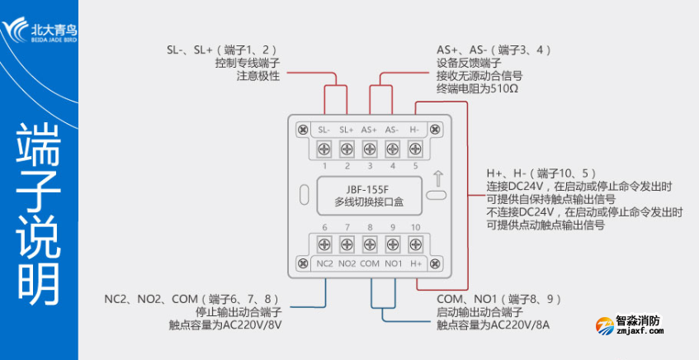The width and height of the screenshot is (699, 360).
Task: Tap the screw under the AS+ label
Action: click(369, 149)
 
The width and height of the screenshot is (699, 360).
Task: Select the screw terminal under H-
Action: click(414, 149)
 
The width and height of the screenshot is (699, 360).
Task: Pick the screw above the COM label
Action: click(369, 244)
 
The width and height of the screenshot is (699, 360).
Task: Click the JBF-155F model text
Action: click(369, 189)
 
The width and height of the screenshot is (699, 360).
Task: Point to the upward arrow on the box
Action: click(437, 177)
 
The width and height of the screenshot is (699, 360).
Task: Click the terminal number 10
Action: click(415, 227)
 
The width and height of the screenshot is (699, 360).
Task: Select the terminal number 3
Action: click(369, 166)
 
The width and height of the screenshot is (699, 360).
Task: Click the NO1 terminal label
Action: click(392, 263)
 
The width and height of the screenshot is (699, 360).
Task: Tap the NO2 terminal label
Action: click(347, 263)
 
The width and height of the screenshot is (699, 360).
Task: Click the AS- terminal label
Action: click(392, 130)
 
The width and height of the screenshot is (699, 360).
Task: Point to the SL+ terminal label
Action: click(347, 130)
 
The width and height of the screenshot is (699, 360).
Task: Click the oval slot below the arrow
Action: click(437, 197)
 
